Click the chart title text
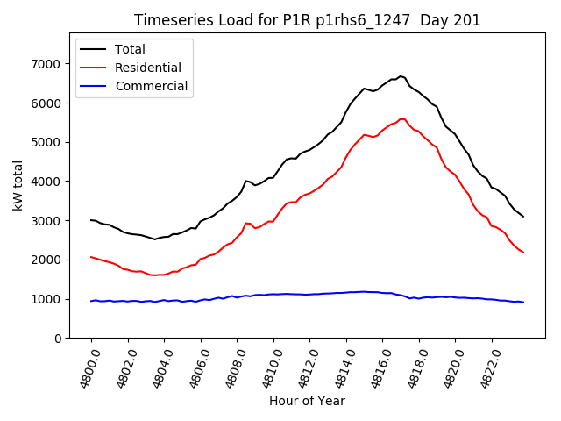pyautogui.click(x=307, y=20)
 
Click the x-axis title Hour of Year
pyautogui.click(x=307, y=401)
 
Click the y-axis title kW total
pyautogui.click(x=18, y=186)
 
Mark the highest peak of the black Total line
pyautogui.click(x=401, y=76)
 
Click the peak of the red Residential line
pyautogui.click(x=401, y=119)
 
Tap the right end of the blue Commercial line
pyautogui.click(x=523, y=303)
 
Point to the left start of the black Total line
pyautogui.click(x=91, y=220)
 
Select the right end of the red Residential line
pyautogui.click(x=523, y=253)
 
